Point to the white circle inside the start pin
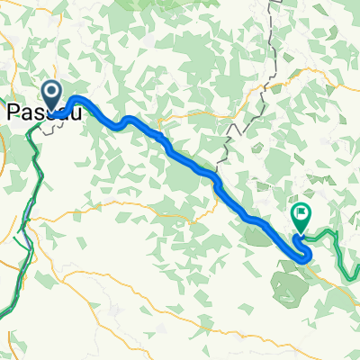51,91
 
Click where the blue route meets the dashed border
215,174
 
